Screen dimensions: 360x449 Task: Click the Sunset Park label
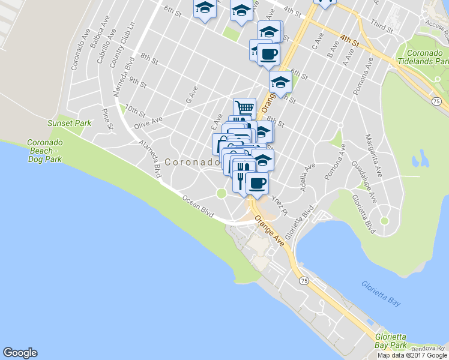[70, 123]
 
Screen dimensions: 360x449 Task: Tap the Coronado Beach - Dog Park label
[44, 151]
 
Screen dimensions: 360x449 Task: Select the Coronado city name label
[192, 162]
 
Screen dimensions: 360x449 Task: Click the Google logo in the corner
[20, 353]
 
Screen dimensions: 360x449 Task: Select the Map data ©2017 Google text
[413, 355]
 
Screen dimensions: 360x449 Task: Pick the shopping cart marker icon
[244, 108]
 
